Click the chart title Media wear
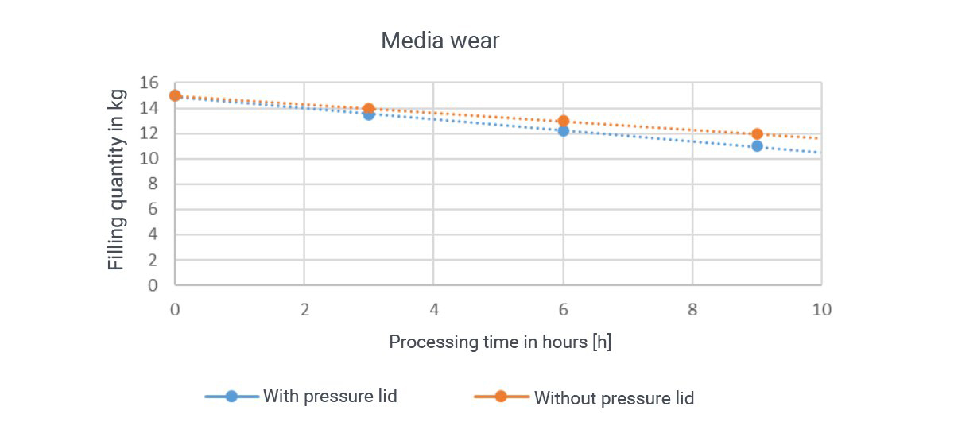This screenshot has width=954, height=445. pyautogui.click(x=440, y=41)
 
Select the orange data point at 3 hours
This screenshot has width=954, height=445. pyautogui.click(x=369, y=109)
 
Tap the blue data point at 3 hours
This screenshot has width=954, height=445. pyautogui.click(x=369, y=114)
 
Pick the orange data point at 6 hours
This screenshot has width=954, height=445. pyautogui.click(x=564, y=121)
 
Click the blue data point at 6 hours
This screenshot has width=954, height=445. pyautogui.click(x=564, y=130)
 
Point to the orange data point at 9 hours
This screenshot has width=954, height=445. pyautogui.click(x=757, y=134)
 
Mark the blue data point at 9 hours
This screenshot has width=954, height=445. pyautogui.click(x=757, y=145)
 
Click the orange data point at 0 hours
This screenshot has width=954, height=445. pyautogui.click(x=175, y=95)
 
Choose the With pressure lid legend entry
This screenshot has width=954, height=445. pyautogui.click(x=330, y=396)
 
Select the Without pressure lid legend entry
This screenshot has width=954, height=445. pyautogui.click(x=613, y=397)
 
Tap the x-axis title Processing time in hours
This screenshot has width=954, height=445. pyautogui.click(x=500, y=342)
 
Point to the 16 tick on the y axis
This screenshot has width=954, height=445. pyautogui.click(x=150, y=83)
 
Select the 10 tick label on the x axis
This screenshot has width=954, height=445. pyautogui.click(x=821, y=309)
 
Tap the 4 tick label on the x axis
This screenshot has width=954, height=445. pyautogui.click(x=434, y=309)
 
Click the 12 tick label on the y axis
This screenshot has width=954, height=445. pyautogui.click(x=150, y=133)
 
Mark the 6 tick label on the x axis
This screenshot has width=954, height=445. pyautogui.click(x=564, y=309)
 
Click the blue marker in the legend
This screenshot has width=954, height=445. pyautogui.click(x=231, y=396)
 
